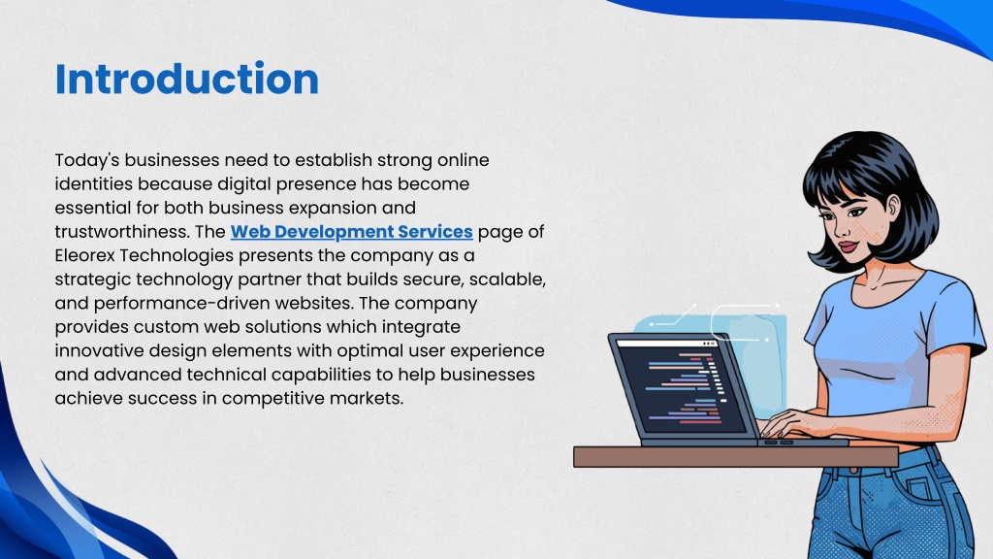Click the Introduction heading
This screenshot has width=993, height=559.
click(x=187, y=80)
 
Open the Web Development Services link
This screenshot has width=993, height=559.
click(x=351, y=232)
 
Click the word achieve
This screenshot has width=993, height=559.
click(x=88, y=399)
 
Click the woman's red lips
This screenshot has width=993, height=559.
click(x=848, y=247)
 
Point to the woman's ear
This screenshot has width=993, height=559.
click(x=893, y=207)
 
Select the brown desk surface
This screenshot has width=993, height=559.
click(x=736, y=456)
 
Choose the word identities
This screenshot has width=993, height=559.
click(x=94, y=184)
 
